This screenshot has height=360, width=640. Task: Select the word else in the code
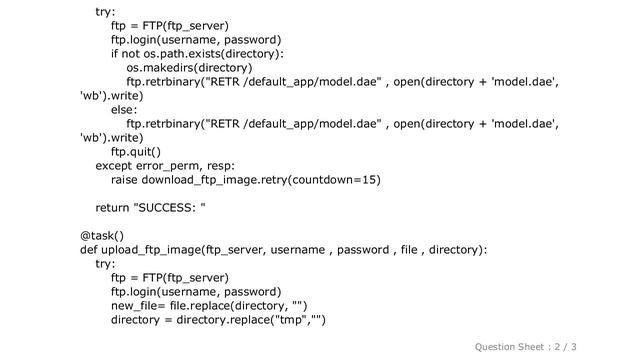pyautogui.click(x=125, y=110)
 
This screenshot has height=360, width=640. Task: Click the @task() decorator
pyautogui.click(x=102, y=236)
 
